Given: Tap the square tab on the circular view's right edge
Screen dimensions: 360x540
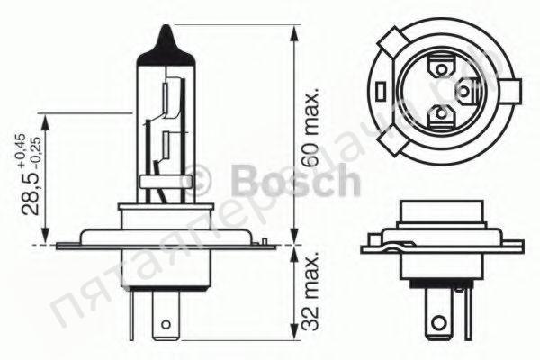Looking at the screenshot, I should tap(509, 91).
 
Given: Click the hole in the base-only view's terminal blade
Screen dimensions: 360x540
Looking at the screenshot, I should tap(438, 321).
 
